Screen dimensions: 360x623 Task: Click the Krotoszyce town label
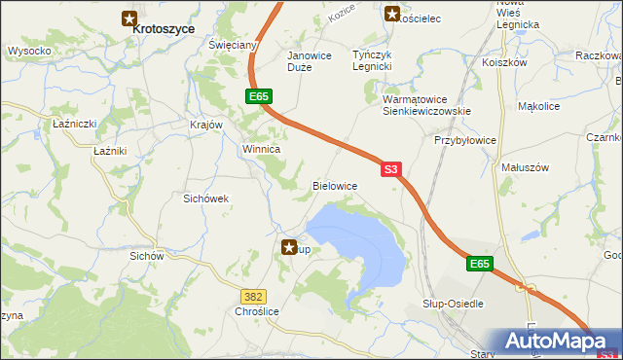(x=164, y=29)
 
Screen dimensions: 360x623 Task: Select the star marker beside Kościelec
(x=391, y=14)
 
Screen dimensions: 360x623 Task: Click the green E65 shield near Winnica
(x=258, y=96)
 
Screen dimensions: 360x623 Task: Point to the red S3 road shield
(x=390, y=168)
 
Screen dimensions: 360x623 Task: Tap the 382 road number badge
(x=253, y=294)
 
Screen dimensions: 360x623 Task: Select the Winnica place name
(x=261, y=150)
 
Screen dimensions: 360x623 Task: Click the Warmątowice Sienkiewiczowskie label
(x=427, y=105)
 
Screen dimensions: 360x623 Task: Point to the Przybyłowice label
(x=464, y=140)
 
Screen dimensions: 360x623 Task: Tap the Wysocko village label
(x=29, y=50)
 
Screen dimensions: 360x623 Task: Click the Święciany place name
(x=233, y=46)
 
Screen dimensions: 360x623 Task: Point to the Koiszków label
(x=504, y=61)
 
